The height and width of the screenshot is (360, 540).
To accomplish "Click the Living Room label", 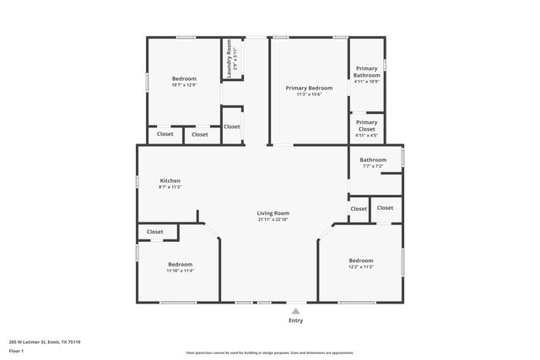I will pos(273,213).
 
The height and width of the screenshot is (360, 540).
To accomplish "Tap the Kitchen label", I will pos(170,180).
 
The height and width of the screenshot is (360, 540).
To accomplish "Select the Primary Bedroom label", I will pos(309,88).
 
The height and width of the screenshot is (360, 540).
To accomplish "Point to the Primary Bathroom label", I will pos(367,72).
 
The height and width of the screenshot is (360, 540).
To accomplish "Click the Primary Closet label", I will pos(367,125).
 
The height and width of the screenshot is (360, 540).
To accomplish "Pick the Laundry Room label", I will pos(228,60).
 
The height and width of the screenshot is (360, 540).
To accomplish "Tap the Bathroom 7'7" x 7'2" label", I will pos(373,159).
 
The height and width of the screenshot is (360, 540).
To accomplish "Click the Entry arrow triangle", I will pos(295,311).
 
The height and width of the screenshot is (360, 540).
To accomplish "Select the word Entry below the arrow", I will pos(295,320).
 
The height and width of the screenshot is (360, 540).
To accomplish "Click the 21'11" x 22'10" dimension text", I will pos(273,220).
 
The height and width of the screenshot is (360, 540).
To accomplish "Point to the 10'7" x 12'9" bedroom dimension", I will pos(184,85).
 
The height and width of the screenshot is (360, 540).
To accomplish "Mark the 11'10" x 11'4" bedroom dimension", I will pos(180,271).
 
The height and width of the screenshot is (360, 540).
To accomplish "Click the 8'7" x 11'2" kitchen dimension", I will pos(170,187).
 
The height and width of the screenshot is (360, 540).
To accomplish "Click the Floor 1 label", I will pos(16,349).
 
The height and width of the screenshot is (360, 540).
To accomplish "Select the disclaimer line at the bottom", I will pos(270,352).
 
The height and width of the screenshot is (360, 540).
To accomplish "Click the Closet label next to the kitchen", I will pos(155,232).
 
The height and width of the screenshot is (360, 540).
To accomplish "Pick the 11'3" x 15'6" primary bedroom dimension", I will pos(309,94).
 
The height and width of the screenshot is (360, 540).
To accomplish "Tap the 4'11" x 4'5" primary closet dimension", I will pos(367,135).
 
